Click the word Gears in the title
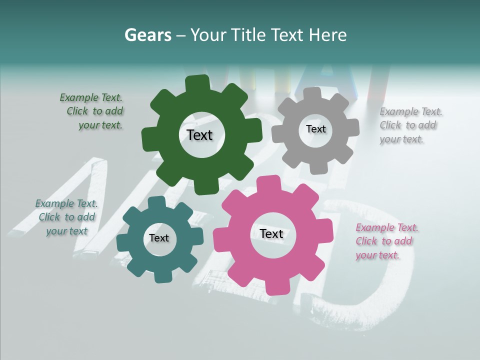(147, 35)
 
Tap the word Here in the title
(328, 35)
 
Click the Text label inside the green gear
(199, 135)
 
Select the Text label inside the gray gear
(315, 129)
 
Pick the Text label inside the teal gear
(159, 238)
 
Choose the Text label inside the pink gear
(271, 233)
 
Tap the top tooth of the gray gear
(312, 93)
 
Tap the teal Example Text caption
(66, 217)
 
